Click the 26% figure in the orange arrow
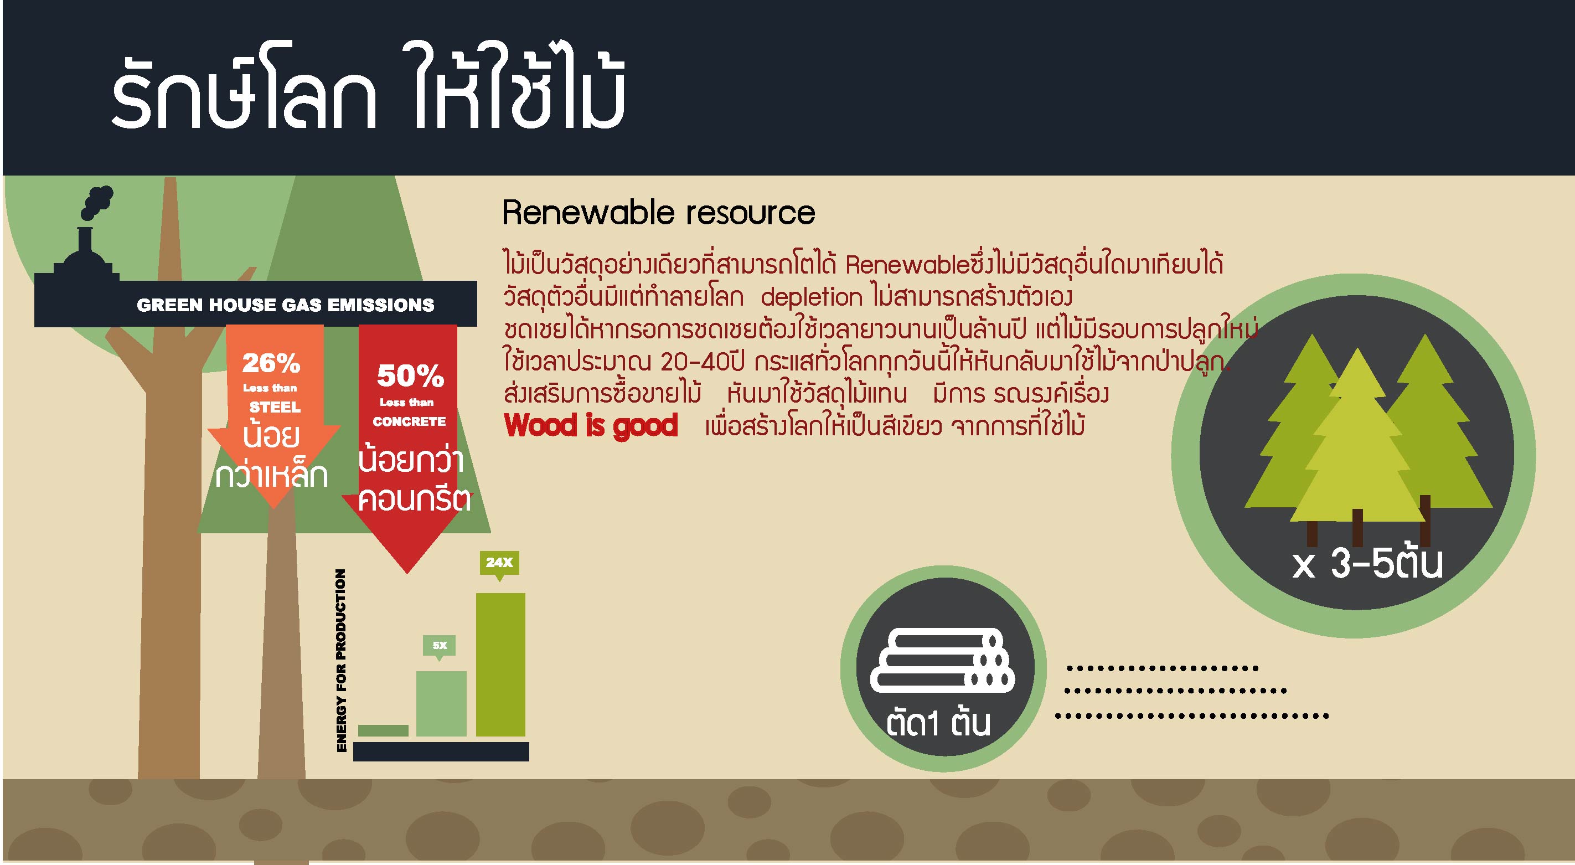(271, 364)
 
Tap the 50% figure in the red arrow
(410, 377)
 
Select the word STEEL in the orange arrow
(275, 408)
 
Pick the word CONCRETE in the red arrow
(409, 422)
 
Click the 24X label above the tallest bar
(499, 562)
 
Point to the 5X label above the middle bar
(440, 645)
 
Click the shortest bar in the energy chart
(383, 730)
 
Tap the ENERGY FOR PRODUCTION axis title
(341, 661)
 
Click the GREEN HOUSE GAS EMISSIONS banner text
(286, 305)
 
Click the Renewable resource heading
(658, 213)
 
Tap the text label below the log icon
(937, 724)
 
